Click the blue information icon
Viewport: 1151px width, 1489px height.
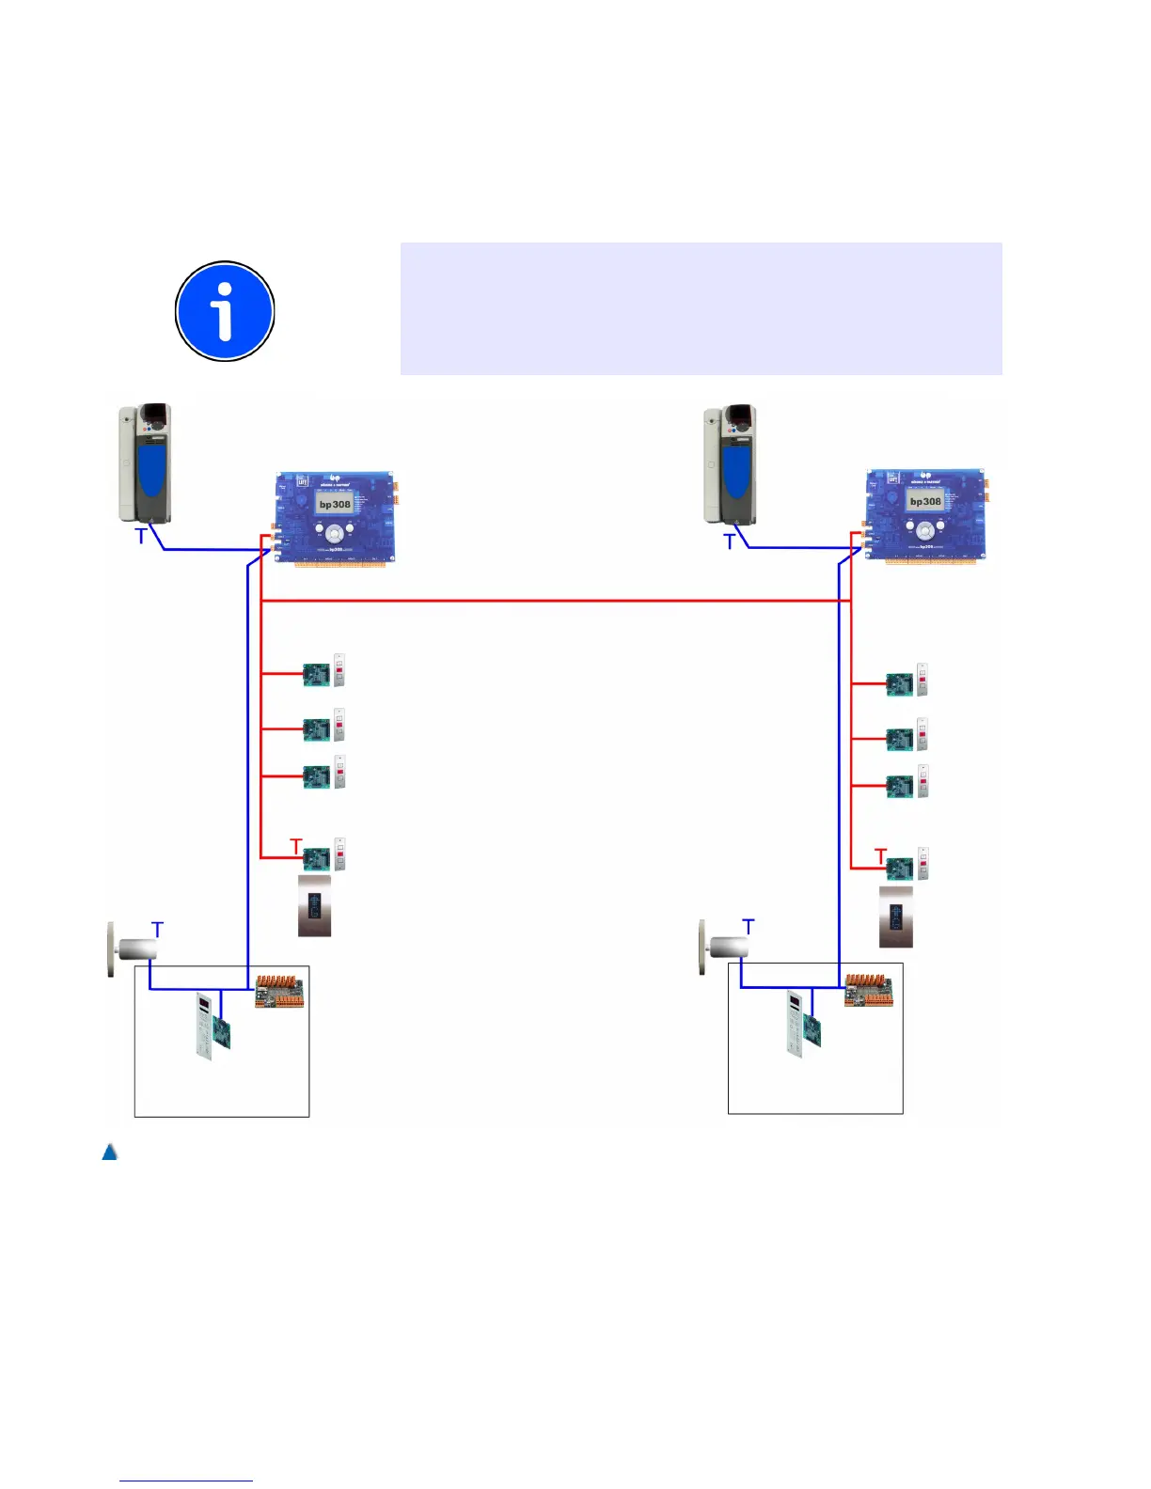tap(225, 311)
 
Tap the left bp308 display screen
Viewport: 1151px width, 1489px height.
tap(334, 505)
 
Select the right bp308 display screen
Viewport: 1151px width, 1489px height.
tap(924, 502)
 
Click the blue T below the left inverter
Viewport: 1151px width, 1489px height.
tap(141, 537)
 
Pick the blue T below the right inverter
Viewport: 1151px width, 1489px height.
tap(729, 541)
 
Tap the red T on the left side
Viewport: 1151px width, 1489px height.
tap(296, 846)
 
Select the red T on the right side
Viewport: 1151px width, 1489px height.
tap(881, 855)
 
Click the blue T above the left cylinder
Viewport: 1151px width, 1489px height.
tap(157, 930)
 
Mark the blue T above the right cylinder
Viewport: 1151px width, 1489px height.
tap(749, 927)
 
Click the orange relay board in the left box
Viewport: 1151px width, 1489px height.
tap(280, 991)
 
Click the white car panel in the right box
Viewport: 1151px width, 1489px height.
tap(794, 1026)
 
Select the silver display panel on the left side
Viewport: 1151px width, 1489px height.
tap(314, 906)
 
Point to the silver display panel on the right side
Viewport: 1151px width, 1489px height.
tap(896, 917)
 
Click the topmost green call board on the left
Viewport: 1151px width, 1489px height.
tap(316, 674)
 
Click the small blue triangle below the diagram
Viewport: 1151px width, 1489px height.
tap(110, 1152)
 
